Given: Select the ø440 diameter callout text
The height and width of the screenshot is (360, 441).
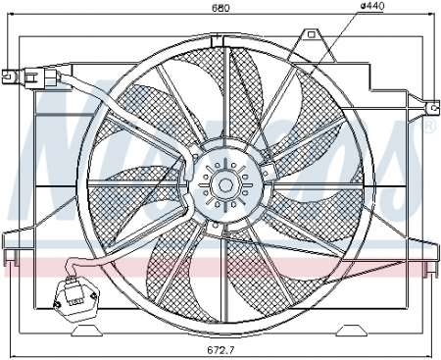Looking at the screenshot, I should [346, 7].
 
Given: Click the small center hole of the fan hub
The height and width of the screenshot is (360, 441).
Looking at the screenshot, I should [224, 183].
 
